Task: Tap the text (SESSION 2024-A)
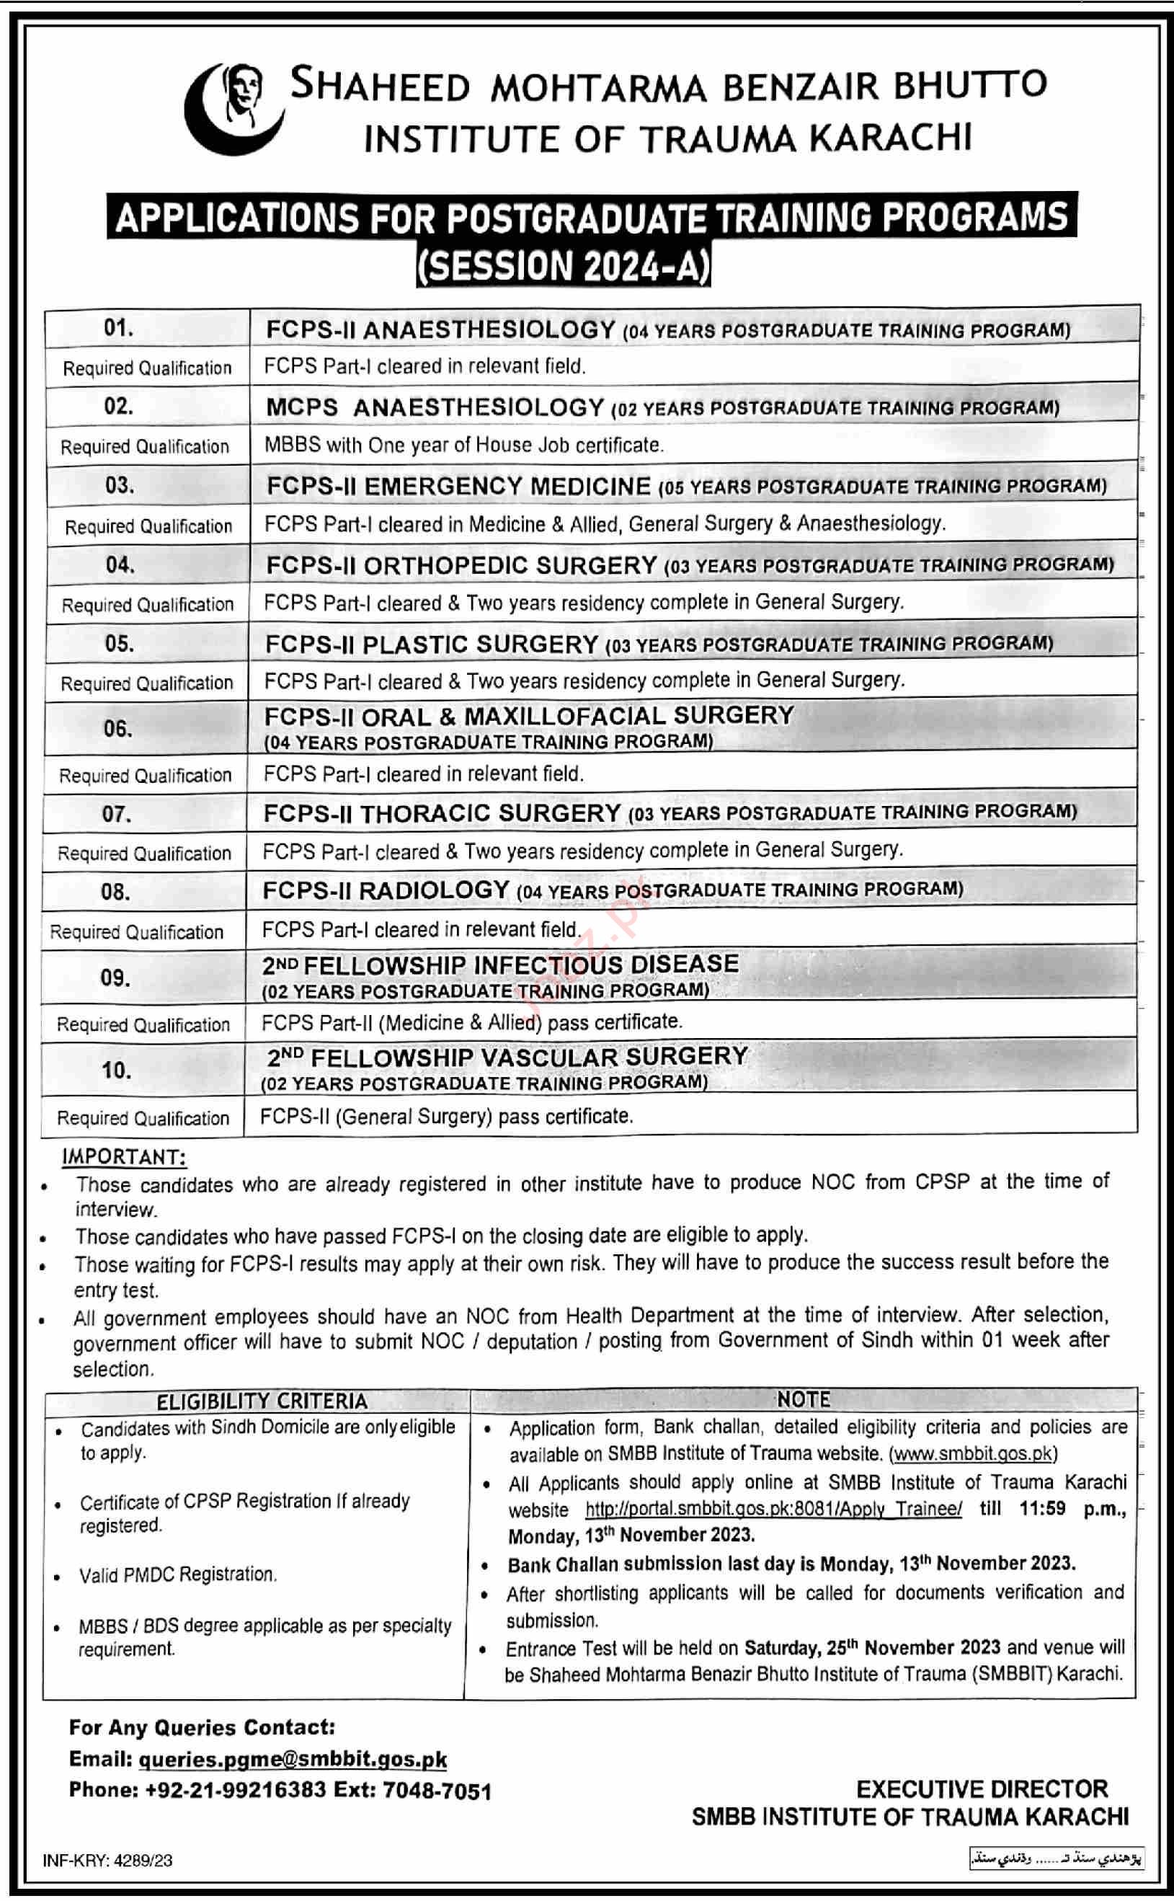pyautogui.click(x=563, y=265)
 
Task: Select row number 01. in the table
pyautogui.click(x=118, y=328)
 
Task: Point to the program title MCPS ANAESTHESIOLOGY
pyautogui.click(x=435, y=408)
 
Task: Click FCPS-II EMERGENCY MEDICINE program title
pyautogui.click(x=458, y=486)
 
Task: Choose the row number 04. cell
pyautogui.click(x=120, y=564)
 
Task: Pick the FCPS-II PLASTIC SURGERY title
pyautogui.click(x=431, y=644)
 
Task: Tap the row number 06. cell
pyautogui.click(x=117, y=728)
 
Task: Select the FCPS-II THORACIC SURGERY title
pyautogui.click(x=441, y=813)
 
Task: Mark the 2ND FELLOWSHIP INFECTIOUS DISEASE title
pyautogui.click(x=500, y=965)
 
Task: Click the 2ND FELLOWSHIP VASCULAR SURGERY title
pyautogui.click(x=507, y=1058)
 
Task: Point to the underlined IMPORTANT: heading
pyautogui.click(x=123, y=1157)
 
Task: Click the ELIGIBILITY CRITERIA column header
pyautogui.click(x=262, y=1401)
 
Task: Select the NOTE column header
pyautogui.click(x=804, y=1400)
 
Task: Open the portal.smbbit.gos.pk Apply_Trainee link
pyautogui.click(x=773, y=1509)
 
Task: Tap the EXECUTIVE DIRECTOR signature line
pyautogui.click(x=982, y=1789)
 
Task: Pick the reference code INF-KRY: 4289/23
pyautogui.click(x=108, y=1860)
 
